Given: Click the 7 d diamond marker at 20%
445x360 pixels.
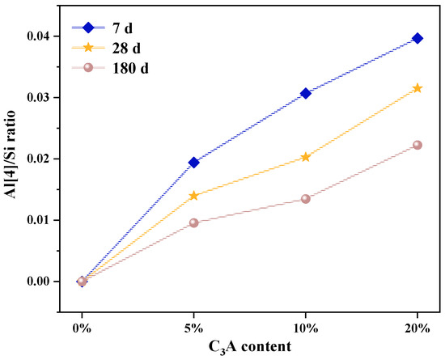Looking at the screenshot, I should (417, 38).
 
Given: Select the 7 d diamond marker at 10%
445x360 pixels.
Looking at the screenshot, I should (306, 93).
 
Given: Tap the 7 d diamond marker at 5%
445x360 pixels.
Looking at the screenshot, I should (194, 163).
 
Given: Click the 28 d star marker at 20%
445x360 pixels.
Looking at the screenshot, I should (417, 88).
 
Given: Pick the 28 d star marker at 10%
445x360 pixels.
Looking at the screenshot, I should (306, 157).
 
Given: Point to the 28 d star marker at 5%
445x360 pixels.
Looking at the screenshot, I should (194, 196).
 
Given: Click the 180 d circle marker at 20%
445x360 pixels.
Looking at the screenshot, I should (417, 145).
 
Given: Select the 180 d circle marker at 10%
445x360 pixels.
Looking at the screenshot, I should (306, 199).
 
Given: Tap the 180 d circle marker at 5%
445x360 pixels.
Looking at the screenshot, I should (194, 222).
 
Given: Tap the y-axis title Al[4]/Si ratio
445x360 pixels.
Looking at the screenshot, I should (11, 159).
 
